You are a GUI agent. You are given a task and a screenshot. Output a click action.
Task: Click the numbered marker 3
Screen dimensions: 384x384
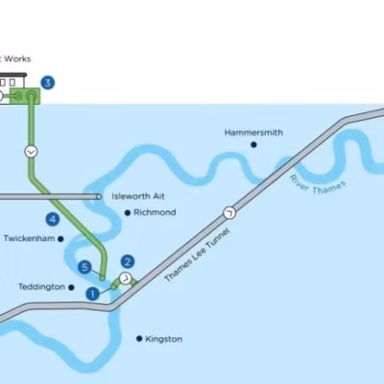[x=48, y=83]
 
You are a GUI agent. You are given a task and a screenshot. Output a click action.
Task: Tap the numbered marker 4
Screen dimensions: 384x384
[x=53, y=219]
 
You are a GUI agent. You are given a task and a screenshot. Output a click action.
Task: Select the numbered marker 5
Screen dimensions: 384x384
[x=84, y=267]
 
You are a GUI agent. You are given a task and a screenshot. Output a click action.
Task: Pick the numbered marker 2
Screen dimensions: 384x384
[x=128, y=262]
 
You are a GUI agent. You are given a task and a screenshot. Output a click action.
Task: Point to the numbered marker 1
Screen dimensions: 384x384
[x=93, y=294]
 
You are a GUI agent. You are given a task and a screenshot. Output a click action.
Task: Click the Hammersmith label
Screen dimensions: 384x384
[x=253, y=132]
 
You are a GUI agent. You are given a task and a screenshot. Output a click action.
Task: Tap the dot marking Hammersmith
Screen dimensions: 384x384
[x=253, y=145]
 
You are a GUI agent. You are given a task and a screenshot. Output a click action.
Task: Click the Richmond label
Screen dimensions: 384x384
[x=155, y=212]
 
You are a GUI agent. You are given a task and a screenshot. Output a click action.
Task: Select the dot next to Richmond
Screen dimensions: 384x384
[x=128, y=212]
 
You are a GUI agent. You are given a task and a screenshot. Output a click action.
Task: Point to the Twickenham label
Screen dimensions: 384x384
[x=29, y=238]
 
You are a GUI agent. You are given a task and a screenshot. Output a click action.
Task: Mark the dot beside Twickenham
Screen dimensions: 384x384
[x=60, y=239]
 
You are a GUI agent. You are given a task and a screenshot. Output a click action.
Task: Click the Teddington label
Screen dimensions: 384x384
[x=41, y=287]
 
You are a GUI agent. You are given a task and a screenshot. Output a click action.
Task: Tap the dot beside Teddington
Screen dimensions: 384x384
[x=71, y=287]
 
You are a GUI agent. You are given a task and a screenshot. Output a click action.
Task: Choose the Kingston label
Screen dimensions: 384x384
[x=164, y=339]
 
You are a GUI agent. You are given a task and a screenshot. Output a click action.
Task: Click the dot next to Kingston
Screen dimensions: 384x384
[x=139, y=339]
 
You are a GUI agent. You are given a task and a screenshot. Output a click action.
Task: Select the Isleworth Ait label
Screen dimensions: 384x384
[x=138, y=196]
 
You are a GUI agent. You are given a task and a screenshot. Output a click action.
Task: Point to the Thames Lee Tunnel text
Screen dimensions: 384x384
[x=197, y=254]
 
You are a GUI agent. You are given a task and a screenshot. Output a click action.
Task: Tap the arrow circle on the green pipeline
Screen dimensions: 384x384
[x=31, y=152]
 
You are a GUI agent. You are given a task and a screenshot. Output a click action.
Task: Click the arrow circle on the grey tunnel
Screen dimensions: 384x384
[x=229, y=213]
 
